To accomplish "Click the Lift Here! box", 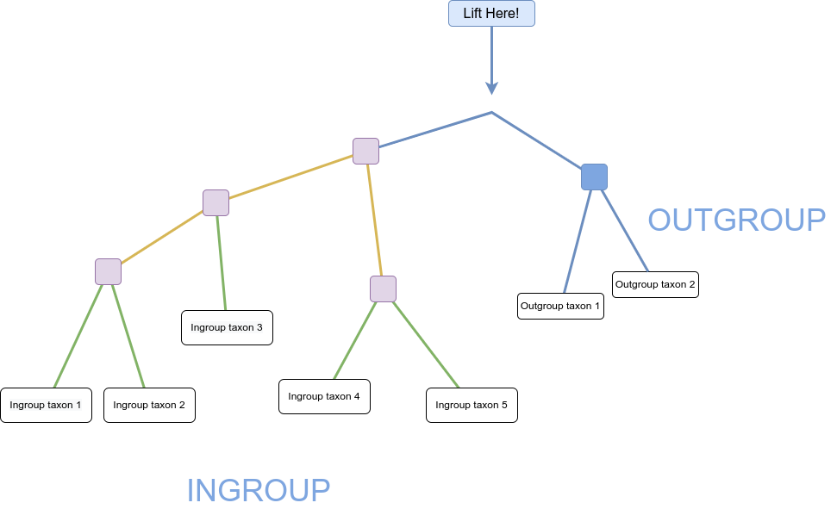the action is pos(491,13).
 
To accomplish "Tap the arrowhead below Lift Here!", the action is pos(491,88).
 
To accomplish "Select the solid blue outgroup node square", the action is pos(594,177).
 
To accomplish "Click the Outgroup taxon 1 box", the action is pos(560,307).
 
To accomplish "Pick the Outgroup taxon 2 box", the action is pos(655,284).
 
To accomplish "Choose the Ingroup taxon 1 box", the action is pos(46,405).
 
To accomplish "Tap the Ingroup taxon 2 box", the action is pos(149,405).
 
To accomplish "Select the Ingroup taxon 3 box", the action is pos(227,327).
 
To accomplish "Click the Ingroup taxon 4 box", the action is pos(325,396).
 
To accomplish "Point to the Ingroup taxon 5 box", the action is pos(472,405).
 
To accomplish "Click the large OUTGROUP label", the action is pos(737,220).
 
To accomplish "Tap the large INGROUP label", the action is pos(259,490).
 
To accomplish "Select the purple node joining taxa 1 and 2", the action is pos(109,271).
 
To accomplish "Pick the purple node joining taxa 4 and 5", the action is pos(384,289).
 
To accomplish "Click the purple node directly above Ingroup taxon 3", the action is pos(215,202).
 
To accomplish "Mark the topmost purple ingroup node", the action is pos(365,151).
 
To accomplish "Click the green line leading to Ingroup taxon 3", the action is pos(222,263).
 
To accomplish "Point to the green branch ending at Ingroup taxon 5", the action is pos(426,345).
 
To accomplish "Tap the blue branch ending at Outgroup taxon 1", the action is pos(578,241).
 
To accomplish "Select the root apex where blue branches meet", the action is pos(491,112).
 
